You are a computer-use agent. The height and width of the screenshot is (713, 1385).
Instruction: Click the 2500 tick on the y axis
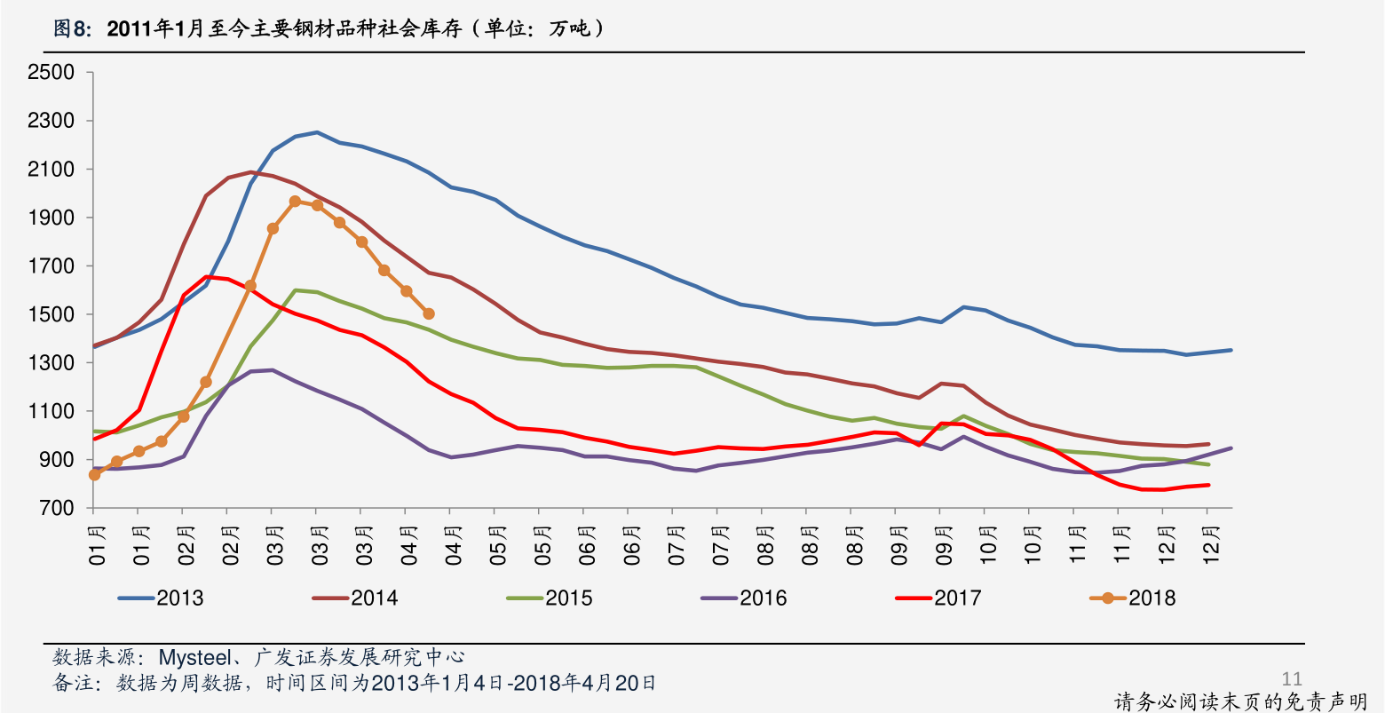[51, 73]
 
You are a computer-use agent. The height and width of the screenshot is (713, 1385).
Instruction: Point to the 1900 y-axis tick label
[51, 218]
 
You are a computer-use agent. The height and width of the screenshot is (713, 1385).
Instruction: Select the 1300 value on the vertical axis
[51, 363]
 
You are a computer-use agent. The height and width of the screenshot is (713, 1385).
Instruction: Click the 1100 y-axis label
[51, 412]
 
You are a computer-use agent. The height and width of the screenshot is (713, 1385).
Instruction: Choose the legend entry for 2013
[162, 598]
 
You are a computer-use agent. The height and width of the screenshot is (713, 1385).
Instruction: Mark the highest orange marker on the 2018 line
[295, 202]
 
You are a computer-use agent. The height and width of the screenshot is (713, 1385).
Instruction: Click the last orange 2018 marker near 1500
[429, 313]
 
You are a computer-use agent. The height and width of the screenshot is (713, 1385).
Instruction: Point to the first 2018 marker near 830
[94, 475]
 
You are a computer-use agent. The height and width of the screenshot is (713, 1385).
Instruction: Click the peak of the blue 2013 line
[317, 132]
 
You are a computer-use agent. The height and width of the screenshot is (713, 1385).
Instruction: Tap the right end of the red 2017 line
[1207, 485]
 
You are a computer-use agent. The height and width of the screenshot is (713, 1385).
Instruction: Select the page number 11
[1292, 679]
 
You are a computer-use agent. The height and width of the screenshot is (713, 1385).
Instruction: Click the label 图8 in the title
[71, 29]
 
